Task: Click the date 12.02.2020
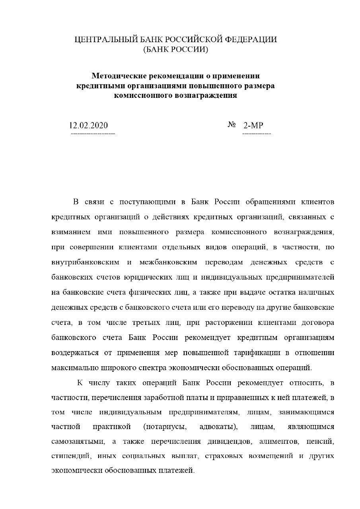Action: [x=88, y=126]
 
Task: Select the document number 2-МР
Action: [x=253, y=126]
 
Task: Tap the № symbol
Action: [x=232, y=125]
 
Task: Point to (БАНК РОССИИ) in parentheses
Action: [x=175, y=50]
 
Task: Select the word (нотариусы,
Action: [x=164, y=427]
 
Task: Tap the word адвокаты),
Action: [x=218, y=427]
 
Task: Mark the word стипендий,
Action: [x=72, y=456]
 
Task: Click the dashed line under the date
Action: [x=93, y=134]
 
